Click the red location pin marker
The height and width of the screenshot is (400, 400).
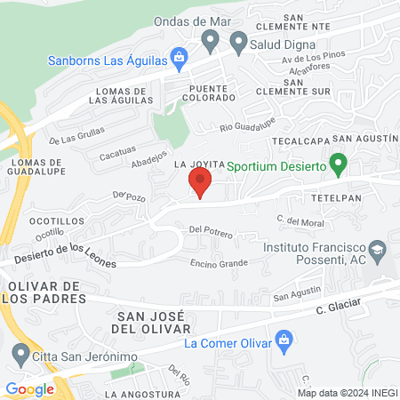click(200, 183)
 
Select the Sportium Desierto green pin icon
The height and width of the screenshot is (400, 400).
click(338, 164)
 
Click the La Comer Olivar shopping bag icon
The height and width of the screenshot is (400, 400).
click(284, 340)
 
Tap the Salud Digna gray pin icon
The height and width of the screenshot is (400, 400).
click(238, 41)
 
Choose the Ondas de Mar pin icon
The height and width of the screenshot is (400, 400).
click(211, 39)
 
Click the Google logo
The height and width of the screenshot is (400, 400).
click(29, 388)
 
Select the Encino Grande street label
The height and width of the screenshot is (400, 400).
click(219, 263)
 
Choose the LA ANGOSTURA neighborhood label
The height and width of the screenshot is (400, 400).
click(143, 393)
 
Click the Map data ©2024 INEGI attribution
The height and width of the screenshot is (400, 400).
click(346, 392)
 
